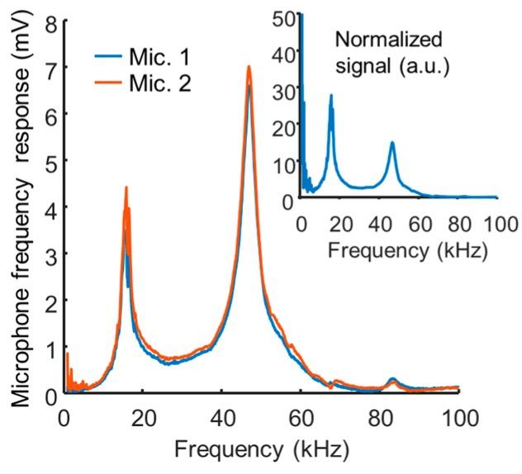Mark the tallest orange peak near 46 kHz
pyautogui.click(x=249, y=67)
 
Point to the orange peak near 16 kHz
pyautogui.click(x=126, y=187)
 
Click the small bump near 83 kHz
pyautogui.click(x=392, y=379)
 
